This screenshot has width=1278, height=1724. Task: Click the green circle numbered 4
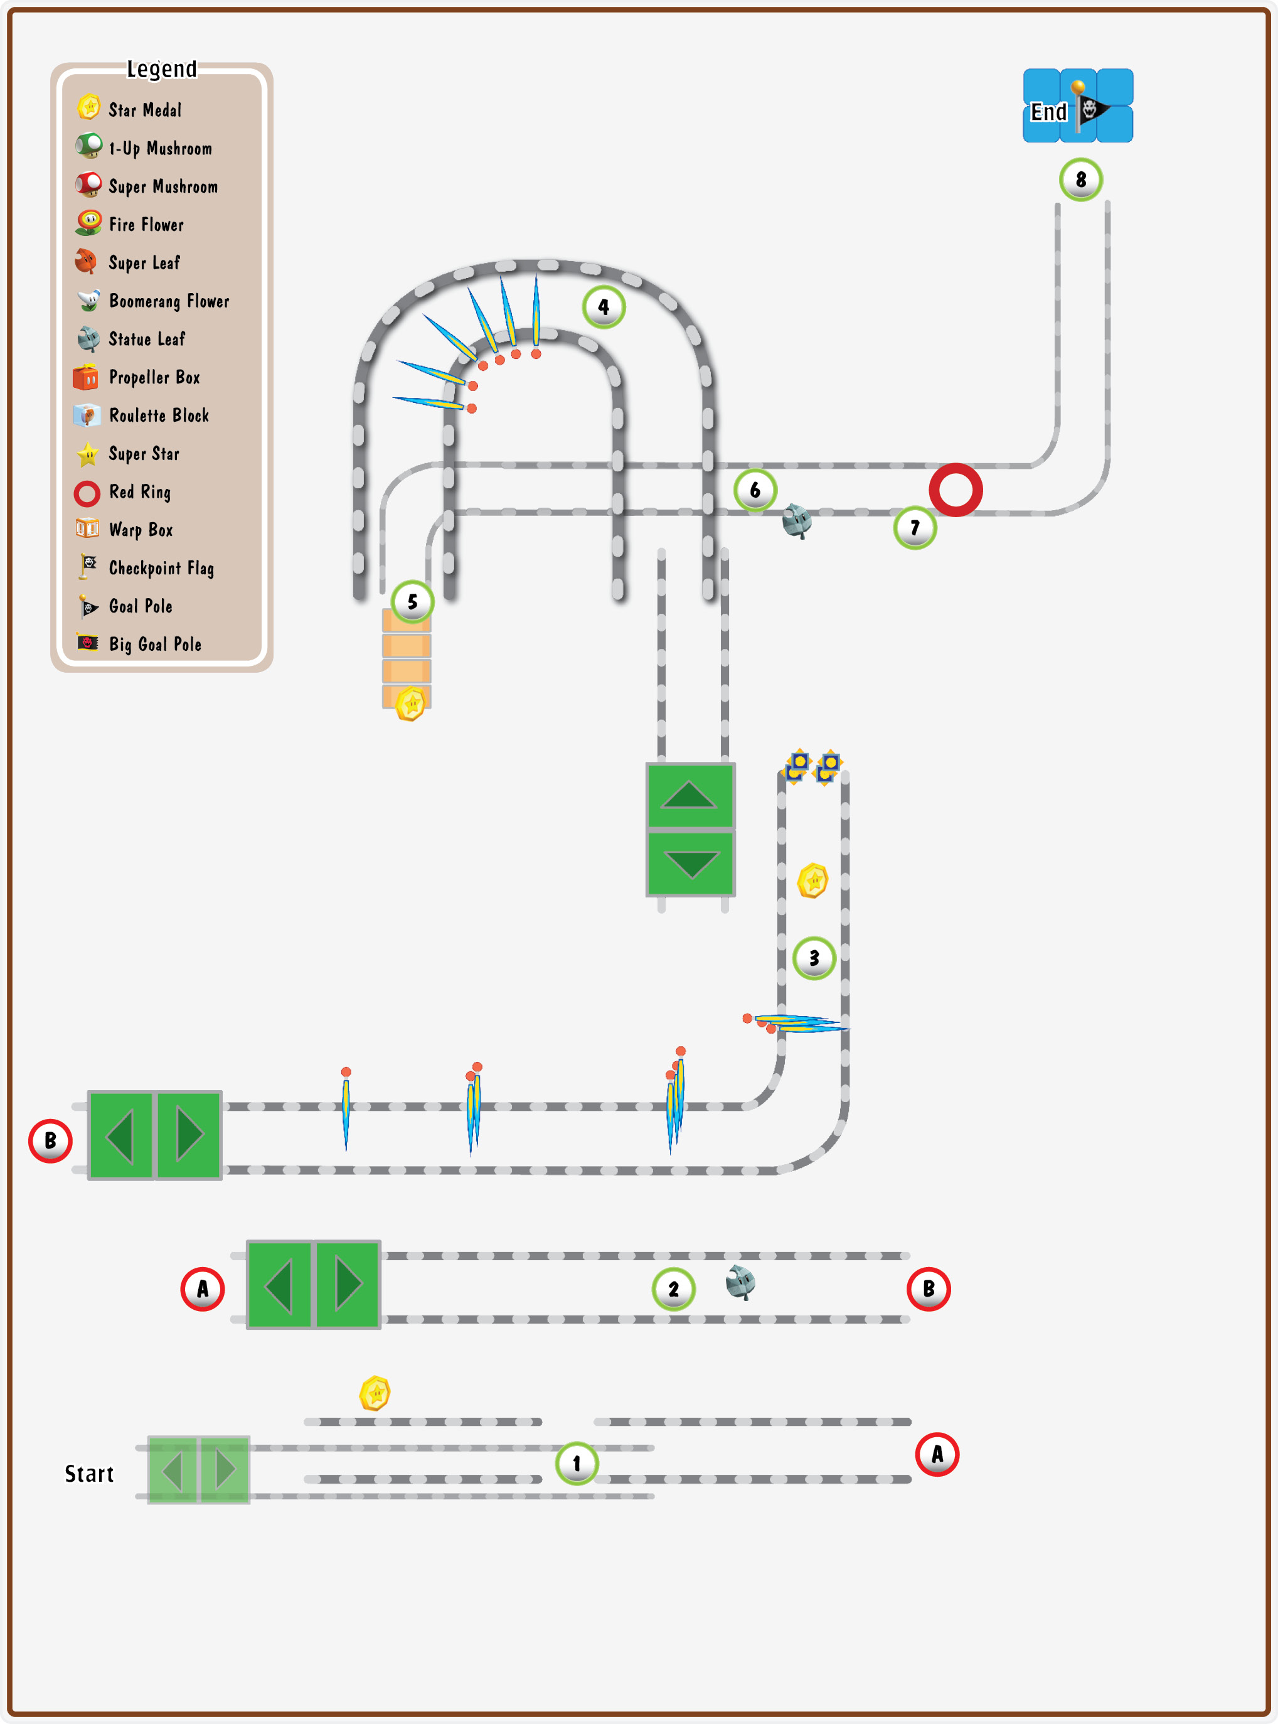604,307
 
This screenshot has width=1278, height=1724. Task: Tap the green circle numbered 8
1081,179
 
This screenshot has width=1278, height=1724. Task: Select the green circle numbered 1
577,1463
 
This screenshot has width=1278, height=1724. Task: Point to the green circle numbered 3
814,958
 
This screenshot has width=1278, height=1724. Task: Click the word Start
89,1474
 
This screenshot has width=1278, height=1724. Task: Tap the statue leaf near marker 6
797,521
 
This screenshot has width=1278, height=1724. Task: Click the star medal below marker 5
411,704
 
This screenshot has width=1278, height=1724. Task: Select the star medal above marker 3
813,881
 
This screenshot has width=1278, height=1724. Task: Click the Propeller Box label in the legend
155,378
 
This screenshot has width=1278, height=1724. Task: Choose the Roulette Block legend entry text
159,415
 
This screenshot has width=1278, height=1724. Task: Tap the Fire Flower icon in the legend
89,223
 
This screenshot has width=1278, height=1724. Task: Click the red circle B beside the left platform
50,1140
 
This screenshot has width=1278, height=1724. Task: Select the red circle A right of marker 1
937,1455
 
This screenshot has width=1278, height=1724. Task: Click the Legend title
162,70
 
